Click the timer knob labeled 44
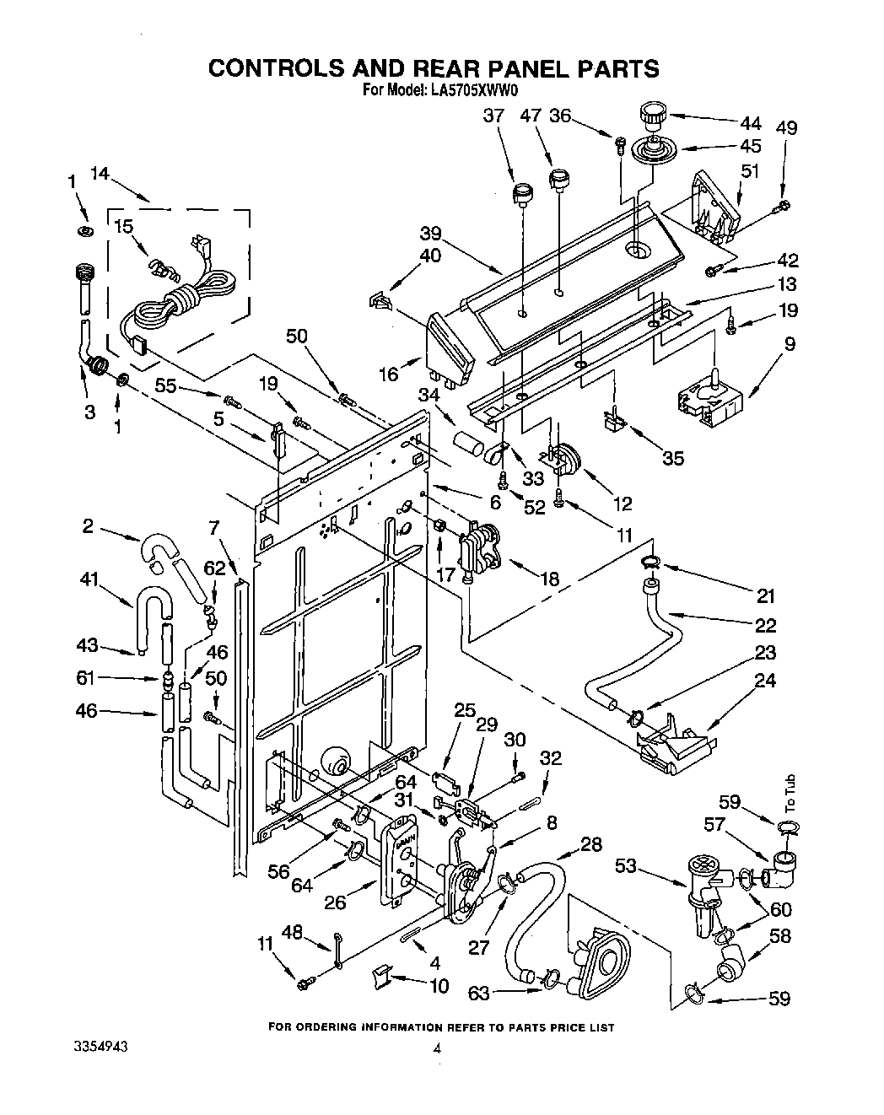[x=653, y=113]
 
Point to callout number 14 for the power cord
[x=100, y=175]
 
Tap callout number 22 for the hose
[x=765, y=625]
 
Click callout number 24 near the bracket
[x=765, y=680]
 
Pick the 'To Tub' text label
[x=789, y=793]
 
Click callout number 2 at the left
[x=88, y=527]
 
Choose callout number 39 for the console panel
[x=430, y=233]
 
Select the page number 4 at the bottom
[x=436, y=1050]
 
